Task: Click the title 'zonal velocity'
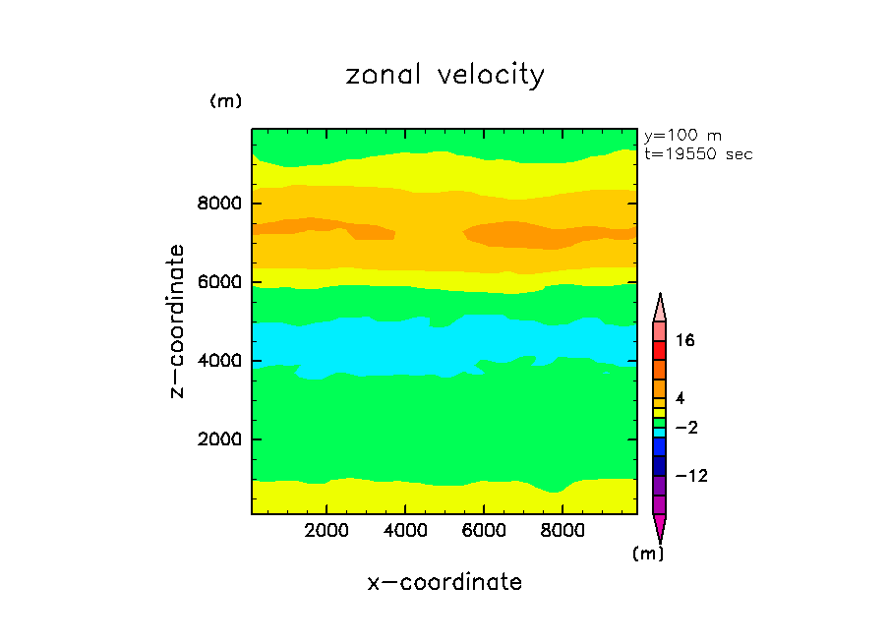coord(444,76)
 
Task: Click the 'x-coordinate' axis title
coord(444,582)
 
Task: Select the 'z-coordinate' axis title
coord(178,321)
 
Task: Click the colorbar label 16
coord(685,341)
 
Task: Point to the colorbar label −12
coord(690,477)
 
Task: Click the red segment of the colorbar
coord(660,351)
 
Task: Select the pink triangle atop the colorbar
coord(660,308)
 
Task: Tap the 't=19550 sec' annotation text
coord(698,154)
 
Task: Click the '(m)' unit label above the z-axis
coord(225,101)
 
